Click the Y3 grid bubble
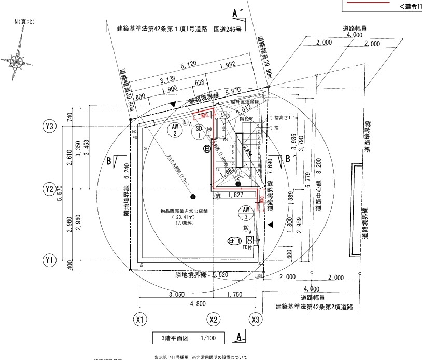tap(50, 126)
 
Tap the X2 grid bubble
tap(214, 319)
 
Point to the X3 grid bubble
tap(255, 319)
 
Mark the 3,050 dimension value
tap(175, 294)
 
